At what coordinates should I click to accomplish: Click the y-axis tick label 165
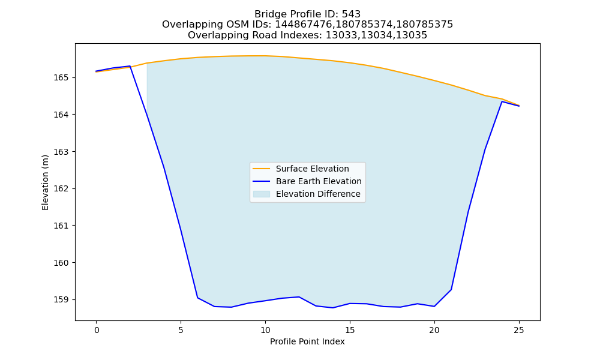[61, 77]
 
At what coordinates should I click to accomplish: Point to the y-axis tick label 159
[61, 299]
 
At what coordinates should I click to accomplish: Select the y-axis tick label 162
[61, 188]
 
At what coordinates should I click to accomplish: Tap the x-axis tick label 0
[97, 330]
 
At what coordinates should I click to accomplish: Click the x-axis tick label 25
[519, 330]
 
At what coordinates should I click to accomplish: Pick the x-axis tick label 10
[265, 330]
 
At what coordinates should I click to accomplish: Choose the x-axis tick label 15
[350, 330]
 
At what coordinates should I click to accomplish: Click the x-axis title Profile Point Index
[307, 341]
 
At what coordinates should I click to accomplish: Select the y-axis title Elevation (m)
[45, 182]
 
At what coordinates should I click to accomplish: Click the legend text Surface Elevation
[312, 169]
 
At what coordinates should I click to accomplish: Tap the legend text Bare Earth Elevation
[319, 181]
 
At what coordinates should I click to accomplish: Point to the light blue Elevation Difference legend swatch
[262, 194]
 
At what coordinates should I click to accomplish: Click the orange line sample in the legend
[262, 169]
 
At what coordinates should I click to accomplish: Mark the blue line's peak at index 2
[130, 66]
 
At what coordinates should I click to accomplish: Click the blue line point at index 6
[197, 298]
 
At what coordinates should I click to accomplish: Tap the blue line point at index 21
[451, 290]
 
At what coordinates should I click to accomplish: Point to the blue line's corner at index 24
[502, 101]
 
